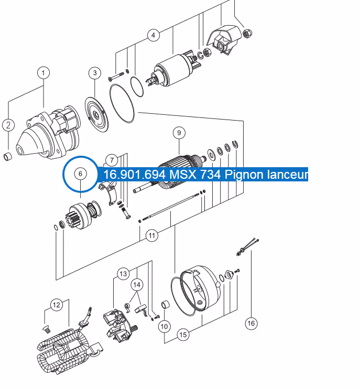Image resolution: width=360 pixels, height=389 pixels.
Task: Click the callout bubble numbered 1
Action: tap(43, 73)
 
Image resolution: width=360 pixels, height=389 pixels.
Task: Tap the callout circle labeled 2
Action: tap(8, 125)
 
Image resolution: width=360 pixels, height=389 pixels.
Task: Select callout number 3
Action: tap(95, 73)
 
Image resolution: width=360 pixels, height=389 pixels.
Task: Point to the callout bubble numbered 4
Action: tap(154, 35)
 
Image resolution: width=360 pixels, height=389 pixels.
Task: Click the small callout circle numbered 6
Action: tap(80, 174)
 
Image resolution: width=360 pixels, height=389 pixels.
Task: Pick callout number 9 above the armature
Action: tap(179, 133)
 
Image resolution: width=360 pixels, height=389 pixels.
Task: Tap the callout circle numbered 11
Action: tap(152, 235)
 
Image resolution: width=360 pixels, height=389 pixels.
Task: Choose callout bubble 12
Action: tap(57, 305)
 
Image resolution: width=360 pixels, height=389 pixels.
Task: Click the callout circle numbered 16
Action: tap(251, 323)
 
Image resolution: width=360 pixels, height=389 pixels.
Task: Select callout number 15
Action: tap(183, 334)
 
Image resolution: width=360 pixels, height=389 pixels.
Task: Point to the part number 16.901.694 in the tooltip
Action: tap(135, 175)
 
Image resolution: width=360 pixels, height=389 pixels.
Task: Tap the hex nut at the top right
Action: tap(247, 33)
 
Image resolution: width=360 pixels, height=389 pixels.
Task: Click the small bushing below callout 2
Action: tap(7, 157)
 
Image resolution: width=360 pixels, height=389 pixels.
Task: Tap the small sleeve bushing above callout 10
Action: tap(166, 305)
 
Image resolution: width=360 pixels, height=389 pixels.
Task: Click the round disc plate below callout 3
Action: tap(97, 115)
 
